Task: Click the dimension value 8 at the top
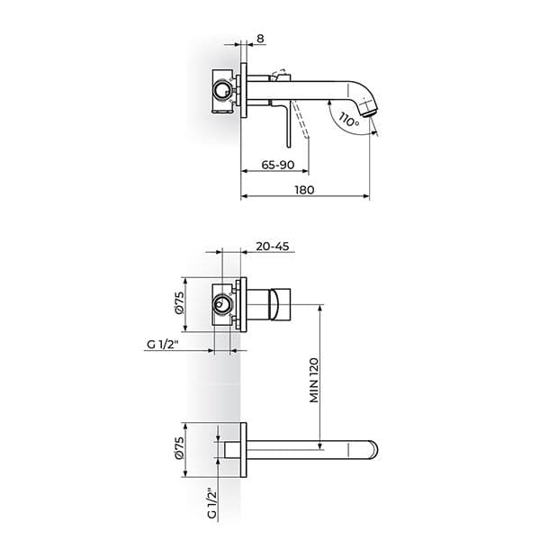(x=261, y=39)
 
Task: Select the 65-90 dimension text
(x=277, y=164)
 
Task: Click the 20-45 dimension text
(x=271, y=246)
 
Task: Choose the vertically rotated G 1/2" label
(x=210, y=504)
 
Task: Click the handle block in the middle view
(x=280, y=305)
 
